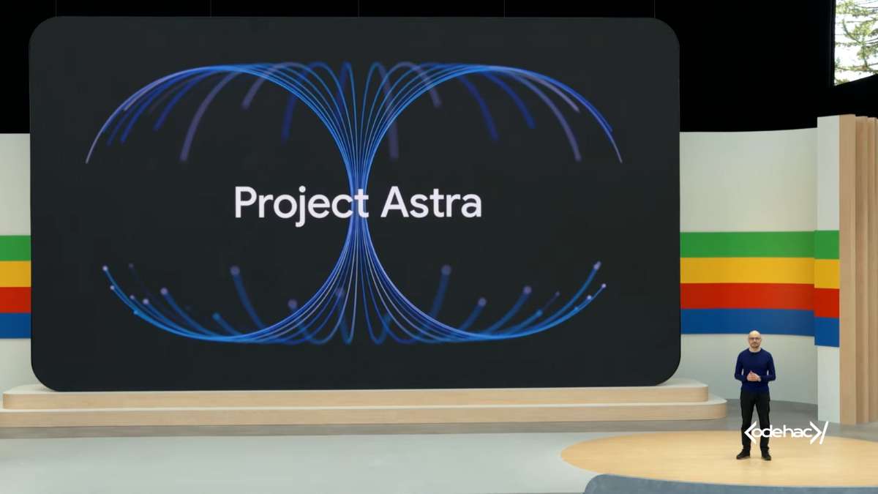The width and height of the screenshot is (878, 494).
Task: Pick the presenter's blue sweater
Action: coord(754,366)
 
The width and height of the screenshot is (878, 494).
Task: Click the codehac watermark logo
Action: coord(786,433)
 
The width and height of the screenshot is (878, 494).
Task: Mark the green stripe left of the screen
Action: coord(15,248)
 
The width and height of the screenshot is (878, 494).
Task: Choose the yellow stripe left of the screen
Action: coord(15,274)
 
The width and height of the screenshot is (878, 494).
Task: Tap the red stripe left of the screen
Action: coord(15,299)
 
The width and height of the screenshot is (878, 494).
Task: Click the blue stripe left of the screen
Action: coord(15,325)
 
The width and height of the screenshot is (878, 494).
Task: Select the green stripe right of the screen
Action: coord(746,244)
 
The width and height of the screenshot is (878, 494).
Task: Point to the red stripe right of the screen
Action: coord(746,296)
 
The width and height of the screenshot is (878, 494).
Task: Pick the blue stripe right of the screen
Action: coord(746,321)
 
